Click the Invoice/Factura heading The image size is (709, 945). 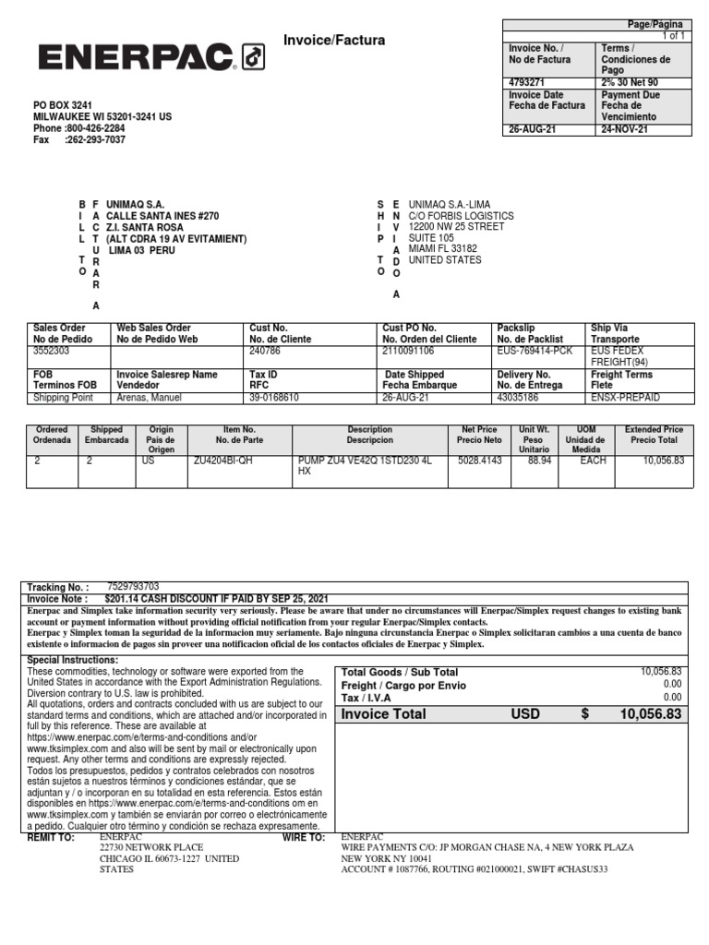tap(335, 41)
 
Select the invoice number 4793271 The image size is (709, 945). tap(527, 82)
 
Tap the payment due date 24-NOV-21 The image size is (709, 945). tap(624, 129)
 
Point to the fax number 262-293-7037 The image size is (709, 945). tap(95, 140)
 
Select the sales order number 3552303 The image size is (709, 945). tap(52, 352)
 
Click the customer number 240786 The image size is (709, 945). tap(265, 352)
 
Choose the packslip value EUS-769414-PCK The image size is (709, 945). tap(534, 352)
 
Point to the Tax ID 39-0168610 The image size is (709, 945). tap(277, 398)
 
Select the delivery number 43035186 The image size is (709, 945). tap(519, 398)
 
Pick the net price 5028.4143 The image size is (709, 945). tap(479, 460)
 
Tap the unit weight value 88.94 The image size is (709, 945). tap(539, 460)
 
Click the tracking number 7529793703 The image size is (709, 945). tap(133, 586)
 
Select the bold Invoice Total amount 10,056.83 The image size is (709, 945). tap(650, 714)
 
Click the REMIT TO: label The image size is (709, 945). tap(51, 838)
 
